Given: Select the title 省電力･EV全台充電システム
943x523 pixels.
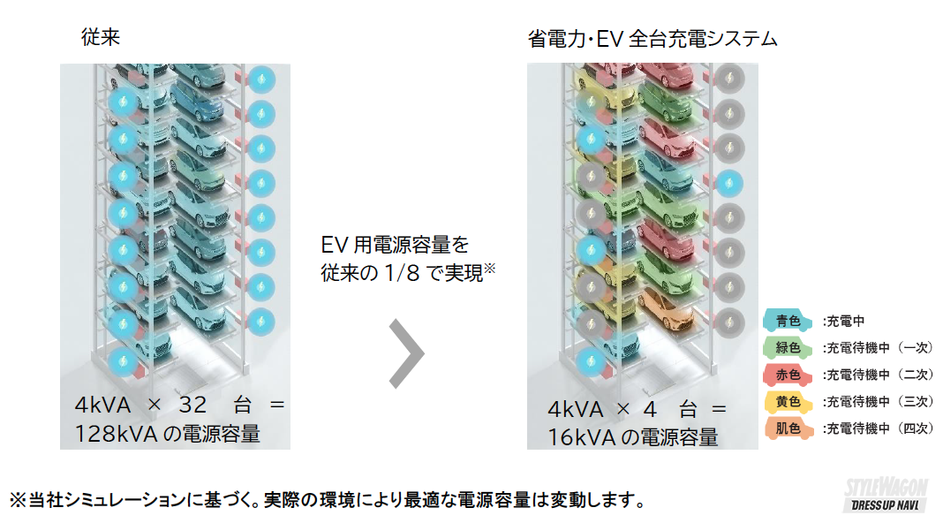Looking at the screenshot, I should point(653,39).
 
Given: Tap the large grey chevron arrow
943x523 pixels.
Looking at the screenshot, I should point(407,352).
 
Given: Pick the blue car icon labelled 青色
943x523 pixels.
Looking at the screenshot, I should point(788,322).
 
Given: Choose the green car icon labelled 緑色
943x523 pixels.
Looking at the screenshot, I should point(788,348).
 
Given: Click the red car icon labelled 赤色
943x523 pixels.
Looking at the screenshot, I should point(788,375).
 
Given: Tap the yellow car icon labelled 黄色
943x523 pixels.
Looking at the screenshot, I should point(788,402).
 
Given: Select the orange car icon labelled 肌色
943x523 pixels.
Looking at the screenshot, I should point(788,429).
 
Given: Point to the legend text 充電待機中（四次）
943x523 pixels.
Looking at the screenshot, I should point(878,429).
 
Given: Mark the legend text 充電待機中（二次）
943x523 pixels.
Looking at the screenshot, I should point(878,375).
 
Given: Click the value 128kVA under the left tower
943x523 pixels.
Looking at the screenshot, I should point(119,434).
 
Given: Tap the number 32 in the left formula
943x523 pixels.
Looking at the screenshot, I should point(192,406).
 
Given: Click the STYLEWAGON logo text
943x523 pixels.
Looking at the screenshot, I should point(885,487).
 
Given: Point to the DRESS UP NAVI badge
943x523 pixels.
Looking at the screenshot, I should point(886,506).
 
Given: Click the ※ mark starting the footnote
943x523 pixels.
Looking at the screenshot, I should point(18,500).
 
